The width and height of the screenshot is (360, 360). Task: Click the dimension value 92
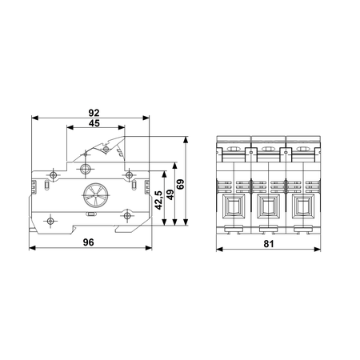(94, 113)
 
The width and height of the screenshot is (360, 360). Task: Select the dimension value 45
(94, 123)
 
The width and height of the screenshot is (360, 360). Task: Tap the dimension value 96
(89, 242)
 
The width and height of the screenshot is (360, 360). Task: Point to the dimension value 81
(269, 244)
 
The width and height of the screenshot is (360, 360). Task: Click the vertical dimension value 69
(181, 184)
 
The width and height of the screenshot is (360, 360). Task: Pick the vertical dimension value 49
(170, 194)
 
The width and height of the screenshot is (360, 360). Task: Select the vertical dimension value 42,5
(158, 200)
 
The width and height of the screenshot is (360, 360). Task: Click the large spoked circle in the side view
(96, 195)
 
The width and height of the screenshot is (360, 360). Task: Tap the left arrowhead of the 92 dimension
(35, 118)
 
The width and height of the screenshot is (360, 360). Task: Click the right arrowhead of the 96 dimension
(149, 248)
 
